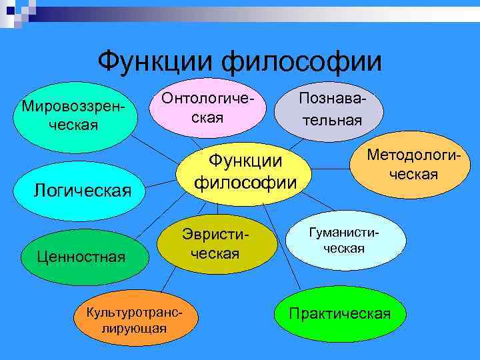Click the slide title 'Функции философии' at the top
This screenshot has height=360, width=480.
[240, 63]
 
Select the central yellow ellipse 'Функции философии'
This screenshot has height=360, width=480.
[245, 171]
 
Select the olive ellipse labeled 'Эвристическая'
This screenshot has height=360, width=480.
[217, 244]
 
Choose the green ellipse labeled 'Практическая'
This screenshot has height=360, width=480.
[339, 314]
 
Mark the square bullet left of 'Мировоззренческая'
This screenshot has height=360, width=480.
[18, 107]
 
